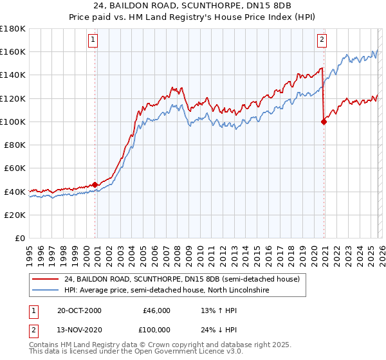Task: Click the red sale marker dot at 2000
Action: point(95,184)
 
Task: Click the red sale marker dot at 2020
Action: point(324,122)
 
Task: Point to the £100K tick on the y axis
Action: point(13,122)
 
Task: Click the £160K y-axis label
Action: point(13,51)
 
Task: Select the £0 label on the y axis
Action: point(20,239)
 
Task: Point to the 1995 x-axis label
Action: point(30,253)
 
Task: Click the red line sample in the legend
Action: point(45,280)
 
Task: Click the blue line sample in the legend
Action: point(45,291)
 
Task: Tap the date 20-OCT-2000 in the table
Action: point(79,310)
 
